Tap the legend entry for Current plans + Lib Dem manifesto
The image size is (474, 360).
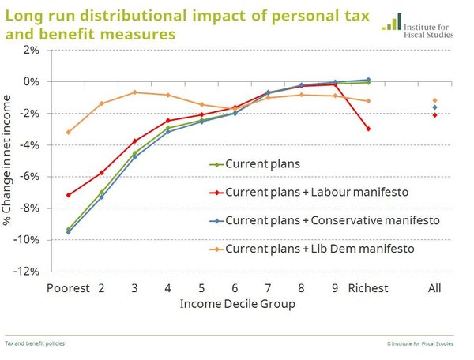[x=312, y=249]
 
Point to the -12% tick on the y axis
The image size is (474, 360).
[x=28, y=272]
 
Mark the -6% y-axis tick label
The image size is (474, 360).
[x=31, y=176]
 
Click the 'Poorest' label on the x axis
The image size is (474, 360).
[x=68, y=288]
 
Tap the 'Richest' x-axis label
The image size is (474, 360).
[x=368, y=288]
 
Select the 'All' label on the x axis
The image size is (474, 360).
[x=434, y=288]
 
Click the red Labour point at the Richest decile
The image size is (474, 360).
[x=368, y=129]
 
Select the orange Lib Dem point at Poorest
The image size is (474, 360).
[x=68, y=132]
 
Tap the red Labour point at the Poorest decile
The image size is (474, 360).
[x=68, y=195]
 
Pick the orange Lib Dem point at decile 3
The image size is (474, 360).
[x=134, y=92]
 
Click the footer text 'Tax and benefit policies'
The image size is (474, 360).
[x=35, y=343]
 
